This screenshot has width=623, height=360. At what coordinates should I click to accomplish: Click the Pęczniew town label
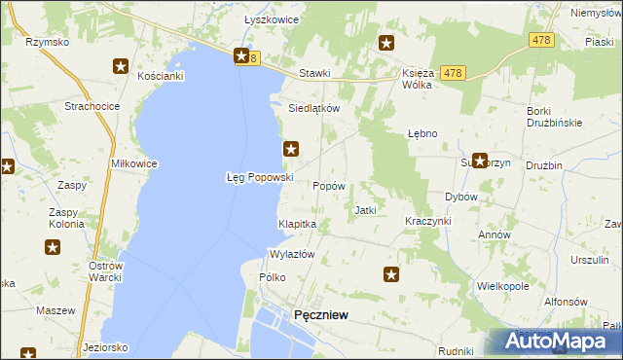pos(321,314)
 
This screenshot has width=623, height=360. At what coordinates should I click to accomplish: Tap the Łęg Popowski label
pos(260,177)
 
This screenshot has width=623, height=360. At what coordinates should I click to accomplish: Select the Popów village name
pos(327,185)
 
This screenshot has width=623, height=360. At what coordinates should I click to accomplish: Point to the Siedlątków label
pos(313,109)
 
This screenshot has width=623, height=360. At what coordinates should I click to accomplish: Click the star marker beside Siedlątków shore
pos(290,149)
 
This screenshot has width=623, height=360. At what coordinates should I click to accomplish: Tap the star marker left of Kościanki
pos(121,66)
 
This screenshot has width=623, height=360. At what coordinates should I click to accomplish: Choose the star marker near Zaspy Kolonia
pos(53,247)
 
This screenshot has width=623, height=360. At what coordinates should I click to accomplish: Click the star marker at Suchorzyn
pos(479,161)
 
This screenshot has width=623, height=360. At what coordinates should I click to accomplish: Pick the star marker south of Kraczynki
pos(391,275)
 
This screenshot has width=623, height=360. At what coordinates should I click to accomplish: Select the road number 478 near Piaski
pos(542,40)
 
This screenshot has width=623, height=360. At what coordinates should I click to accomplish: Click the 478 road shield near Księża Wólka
pos(451,73)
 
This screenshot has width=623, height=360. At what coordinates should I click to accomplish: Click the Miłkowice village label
pos(134,163)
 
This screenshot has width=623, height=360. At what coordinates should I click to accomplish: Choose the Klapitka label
pos(298,224)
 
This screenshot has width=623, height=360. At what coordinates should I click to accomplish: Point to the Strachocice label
pos(91,105)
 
